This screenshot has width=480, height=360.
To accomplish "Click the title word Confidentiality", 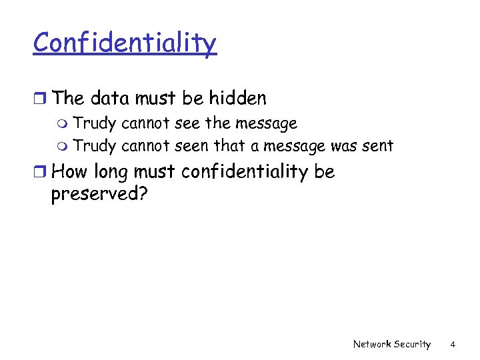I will point(125,43).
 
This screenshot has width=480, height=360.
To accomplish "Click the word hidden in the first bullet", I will point(237,99).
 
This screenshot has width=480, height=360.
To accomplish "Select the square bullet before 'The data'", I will point(41,99).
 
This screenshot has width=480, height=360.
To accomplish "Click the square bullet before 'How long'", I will point(41,173).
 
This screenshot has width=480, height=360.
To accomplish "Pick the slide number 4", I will point(453,345).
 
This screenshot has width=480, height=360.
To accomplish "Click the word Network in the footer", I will point(372,345).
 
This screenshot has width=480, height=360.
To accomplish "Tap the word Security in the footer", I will point(412,345).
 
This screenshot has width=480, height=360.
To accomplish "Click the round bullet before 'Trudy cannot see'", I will point(63,125).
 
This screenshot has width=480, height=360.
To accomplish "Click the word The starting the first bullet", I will point(67,99).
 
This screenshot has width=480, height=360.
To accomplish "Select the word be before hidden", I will point(193,99).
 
